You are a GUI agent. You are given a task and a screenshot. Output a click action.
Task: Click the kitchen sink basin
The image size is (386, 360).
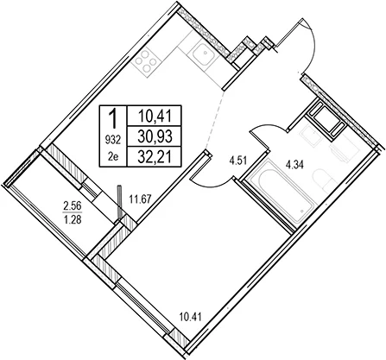click(204, 54)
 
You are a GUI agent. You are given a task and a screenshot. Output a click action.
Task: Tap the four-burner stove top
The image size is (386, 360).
click(146, 61)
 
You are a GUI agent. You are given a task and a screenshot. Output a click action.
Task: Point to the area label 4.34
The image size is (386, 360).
click(294, 166)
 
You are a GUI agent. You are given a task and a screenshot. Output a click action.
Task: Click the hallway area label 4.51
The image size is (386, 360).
click(237, 160)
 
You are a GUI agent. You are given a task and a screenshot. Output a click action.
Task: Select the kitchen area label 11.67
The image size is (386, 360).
click(140, 199)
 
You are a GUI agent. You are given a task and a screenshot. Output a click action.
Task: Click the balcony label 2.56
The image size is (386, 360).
click(73, 206)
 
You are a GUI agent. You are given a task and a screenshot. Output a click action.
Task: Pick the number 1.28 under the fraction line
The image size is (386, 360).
click(73, 220)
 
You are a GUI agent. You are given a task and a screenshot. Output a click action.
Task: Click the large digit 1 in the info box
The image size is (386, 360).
click(113, 119)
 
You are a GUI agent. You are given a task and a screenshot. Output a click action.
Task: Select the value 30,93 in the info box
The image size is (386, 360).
click(155, 136)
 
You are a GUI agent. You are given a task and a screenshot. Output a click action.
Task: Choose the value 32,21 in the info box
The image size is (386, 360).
click(155, 157)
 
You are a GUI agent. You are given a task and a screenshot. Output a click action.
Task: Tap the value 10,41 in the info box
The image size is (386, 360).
click(155, 117)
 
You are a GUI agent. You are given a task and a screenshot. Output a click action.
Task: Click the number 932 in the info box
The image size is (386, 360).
click(113, 140)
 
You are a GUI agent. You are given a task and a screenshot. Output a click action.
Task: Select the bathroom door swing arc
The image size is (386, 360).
click(270, 125)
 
